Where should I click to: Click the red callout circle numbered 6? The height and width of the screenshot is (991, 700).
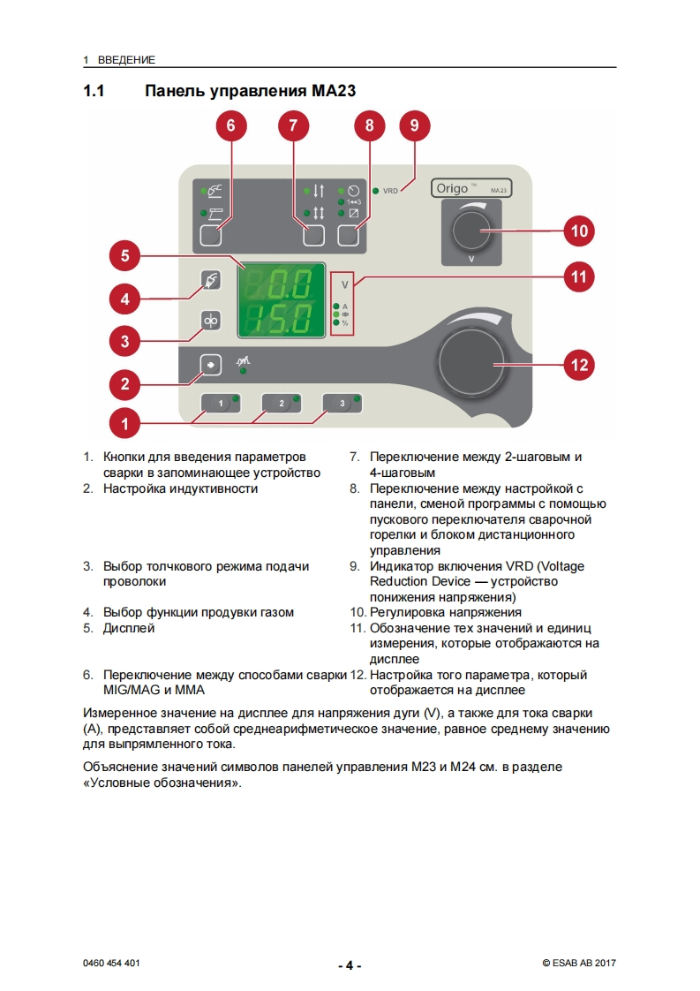(x=230, y=125)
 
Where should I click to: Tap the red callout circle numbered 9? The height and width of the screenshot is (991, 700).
(x=414, y=125)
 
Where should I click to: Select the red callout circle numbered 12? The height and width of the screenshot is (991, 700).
(x=578, y=363)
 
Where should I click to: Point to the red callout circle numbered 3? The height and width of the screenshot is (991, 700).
(x=124, y=340)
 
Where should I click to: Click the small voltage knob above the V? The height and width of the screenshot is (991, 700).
(x=471, y=231)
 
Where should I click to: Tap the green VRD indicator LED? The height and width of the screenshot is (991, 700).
(x=375, y=190)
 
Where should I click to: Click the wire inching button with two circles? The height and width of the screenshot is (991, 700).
(x=211, y=321)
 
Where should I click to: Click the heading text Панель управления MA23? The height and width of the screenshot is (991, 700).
(x=250, y=91)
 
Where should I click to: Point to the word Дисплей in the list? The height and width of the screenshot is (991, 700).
(x=129, y=628)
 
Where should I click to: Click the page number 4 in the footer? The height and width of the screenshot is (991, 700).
(x=350, y=965)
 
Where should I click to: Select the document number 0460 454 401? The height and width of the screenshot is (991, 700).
(x=110, y=964)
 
